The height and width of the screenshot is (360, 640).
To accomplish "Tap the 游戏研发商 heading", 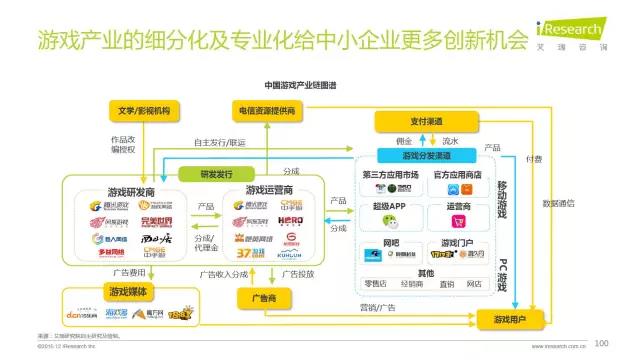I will pyautogui.click(x=130, y=190).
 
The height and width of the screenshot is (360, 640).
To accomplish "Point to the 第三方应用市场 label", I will pyautogui.click(x=392, y=175).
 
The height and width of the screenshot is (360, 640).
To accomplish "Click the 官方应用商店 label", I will pyautogui.click(x=456, y=175).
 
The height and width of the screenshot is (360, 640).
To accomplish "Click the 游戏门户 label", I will pyautogui.click(x=456, y=243).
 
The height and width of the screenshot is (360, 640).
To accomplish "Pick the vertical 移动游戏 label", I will pyautogui.click(x=503, y=200).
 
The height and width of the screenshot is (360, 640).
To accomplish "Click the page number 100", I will pyautogui.click(x=601, y=343).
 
